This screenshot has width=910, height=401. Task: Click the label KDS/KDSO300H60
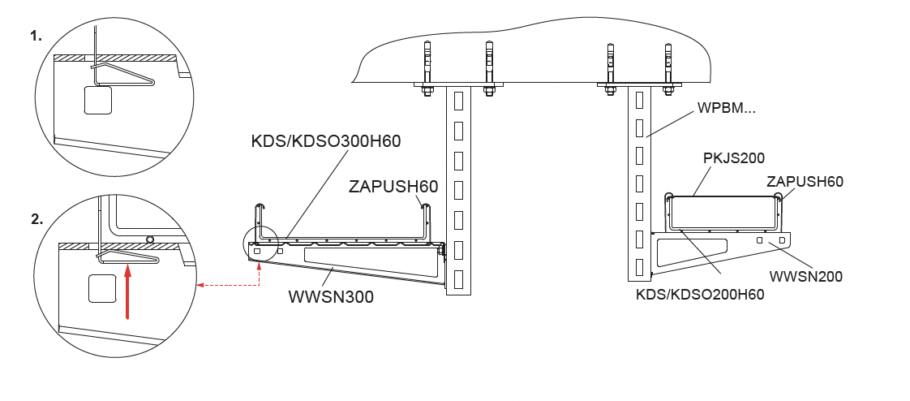pos(325,141)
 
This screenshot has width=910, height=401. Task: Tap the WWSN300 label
pos(331,297)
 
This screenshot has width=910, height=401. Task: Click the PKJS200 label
pos(733,157)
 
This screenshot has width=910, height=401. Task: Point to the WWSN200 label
pos(805,276)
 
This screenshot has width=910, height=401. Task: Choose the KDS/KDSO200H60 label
pos(700,295)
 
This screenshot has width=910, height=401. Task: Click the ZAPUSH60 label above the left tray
pos(393,187)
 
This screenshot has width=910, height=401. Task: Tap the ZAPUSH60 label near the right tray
pos(805,181)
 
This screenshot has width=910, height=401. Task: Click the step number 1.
pos(36,36)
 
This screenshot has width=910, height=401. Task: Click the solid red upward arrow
pos(127,291)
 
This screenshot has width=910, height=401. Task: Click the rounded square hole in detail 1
pos(98,100)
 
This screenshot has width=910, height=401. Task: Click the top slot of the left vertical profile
pos(458,101)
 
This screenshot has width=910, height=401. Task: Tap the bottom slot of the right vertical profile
pos(640,267)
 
